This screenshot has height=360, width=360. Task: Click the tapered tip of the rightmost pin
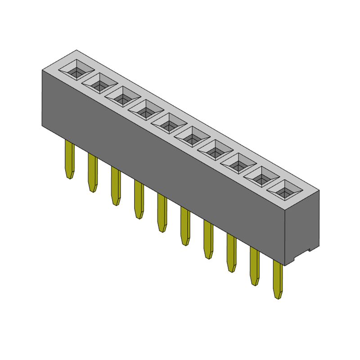[278, 295]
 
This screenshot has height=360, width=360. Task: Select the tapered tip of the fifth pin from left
[162, 228]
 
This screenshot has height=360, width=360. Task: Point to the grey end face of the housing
[302, 225]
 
